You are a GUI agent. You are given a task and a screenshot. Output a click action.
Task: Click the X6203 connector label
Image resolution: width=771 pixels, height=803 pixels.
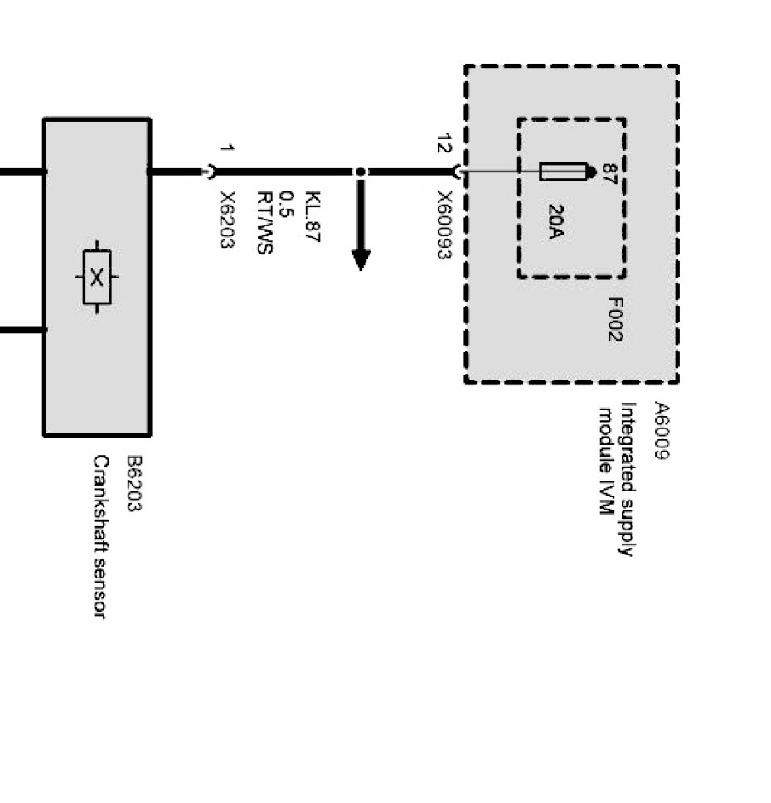point(227,220)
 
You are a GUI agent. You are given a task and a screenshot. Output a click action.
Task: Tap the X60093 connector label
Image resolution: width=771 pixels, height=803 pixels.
point(444,225)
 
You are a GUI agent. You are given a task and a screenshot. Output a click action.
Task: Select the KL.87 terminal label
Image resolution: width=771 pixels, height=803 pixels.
point(313,217)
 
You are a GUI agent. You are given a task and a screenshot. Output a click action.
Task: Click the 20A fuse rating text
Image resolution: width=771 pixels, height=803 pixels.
point(555,222)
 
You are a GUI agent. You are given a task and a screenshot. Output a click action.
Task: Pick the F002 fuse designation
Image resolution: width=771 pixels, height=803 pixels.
point(614,319)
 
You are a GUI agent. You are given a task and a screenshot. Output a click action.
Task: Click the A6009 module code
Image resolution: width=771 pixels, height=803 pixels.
point(661,431)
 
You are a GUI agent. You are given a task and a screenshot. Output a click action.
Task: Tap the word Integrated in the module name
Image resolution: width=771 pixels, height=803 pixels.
point(628,443)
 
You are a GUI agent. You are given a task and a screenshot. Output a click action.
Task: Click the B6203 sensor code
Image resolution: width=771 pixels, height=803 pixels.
point(133,483)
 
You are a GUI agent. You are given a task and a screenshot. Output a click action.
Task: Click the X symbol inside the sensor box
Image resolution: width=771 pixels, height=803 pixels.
point(97,277)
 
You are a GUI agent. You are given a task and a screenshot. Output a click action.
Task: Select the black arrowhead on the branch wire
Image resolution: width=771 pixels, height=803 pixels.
point(361,259)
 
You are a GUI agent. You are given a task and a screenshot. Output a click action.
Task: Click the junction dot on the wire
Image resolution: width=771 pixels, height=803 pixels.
point(361,172)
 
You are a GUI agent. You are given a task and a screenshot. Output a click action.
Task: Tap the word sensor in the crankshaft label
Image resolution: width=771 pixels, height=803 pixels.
point(100,585)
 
